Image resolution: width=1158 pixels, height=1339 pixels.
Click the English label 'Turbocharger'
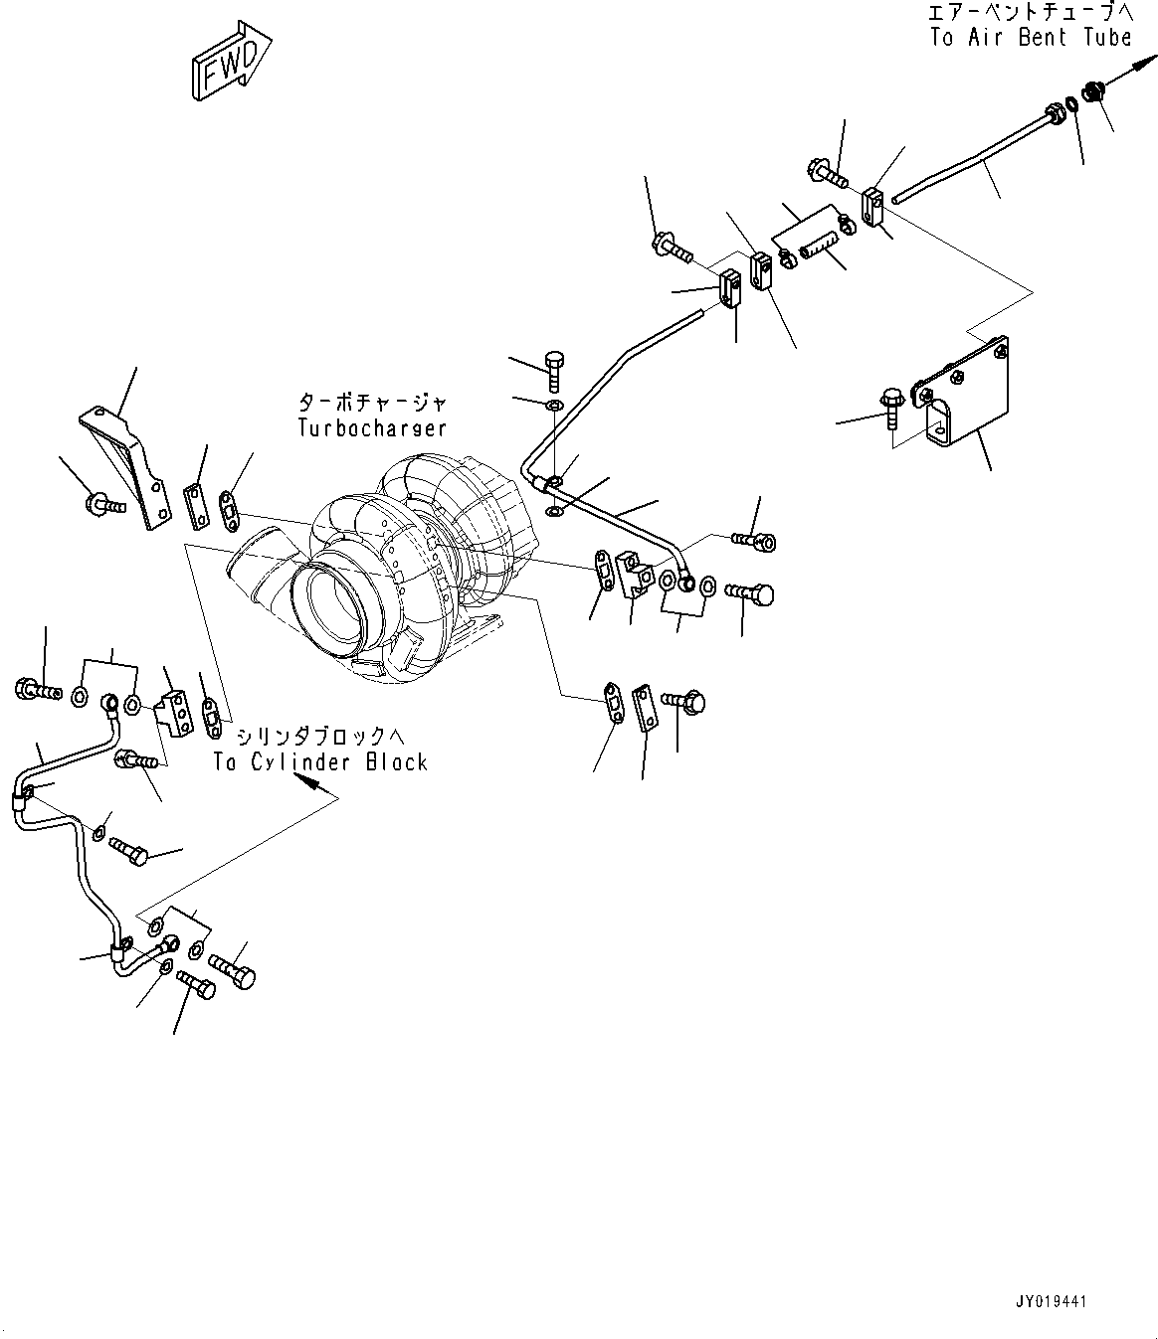tap(371, 427)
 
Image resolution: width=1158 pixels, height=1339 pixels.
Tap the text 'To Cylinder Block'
tap(320, 762)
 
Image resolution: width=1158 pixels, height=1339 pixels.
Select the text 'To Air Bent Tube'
tap(1031, 38)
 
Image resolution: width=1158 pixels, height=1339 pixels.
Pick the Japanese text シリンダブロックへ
tap(320, 737)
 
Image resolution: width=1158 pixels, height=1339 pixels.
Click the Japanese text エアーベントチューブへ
tap(1031, 13)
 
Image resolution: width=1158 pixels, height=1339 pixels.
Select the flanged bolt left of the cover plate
tap(889, 408)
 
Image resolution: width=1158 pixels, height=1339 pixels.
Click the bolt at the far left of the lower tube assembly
tap(36, 688)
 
